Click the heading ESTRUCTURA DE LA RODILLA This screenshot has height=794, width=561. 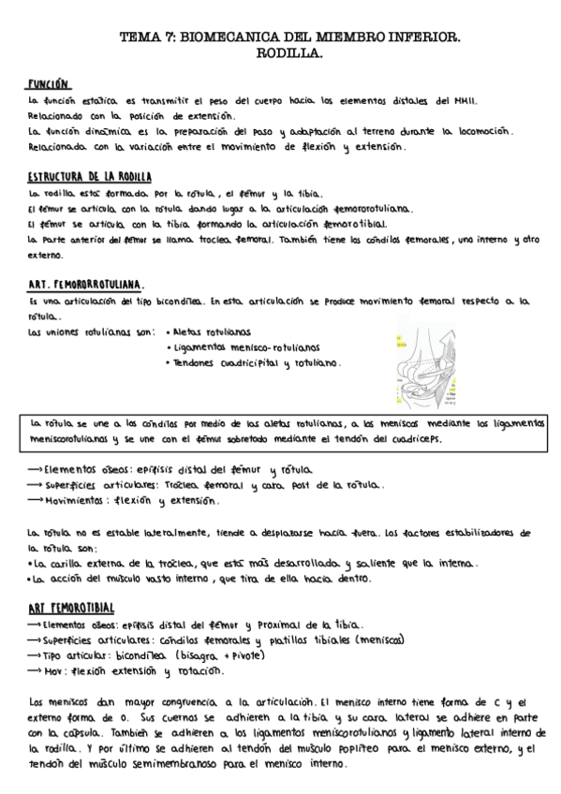coord(90,176)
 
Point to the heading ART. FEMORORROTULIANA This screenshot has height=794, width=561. coord(85,284)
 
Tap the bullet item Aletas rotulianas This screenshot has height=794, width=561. coord(211,331)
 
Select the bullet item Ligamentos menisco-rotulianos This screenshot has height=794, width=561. coord(245,346)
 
